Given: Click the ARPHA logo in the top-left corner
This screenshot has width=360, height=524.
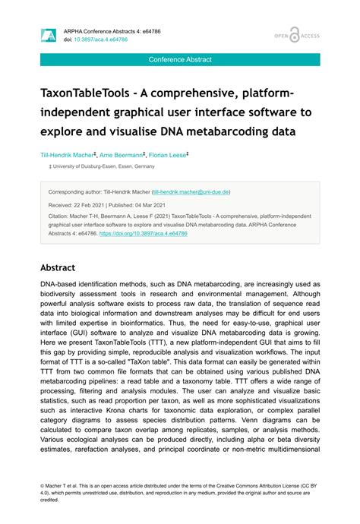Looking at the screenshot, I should pos(49,34).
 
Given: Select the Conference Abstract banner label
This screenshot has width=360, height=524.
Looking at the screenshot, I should pos(180,59).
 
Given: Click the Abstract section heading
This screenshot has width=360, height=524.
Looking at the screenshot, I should pos(58,267).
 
